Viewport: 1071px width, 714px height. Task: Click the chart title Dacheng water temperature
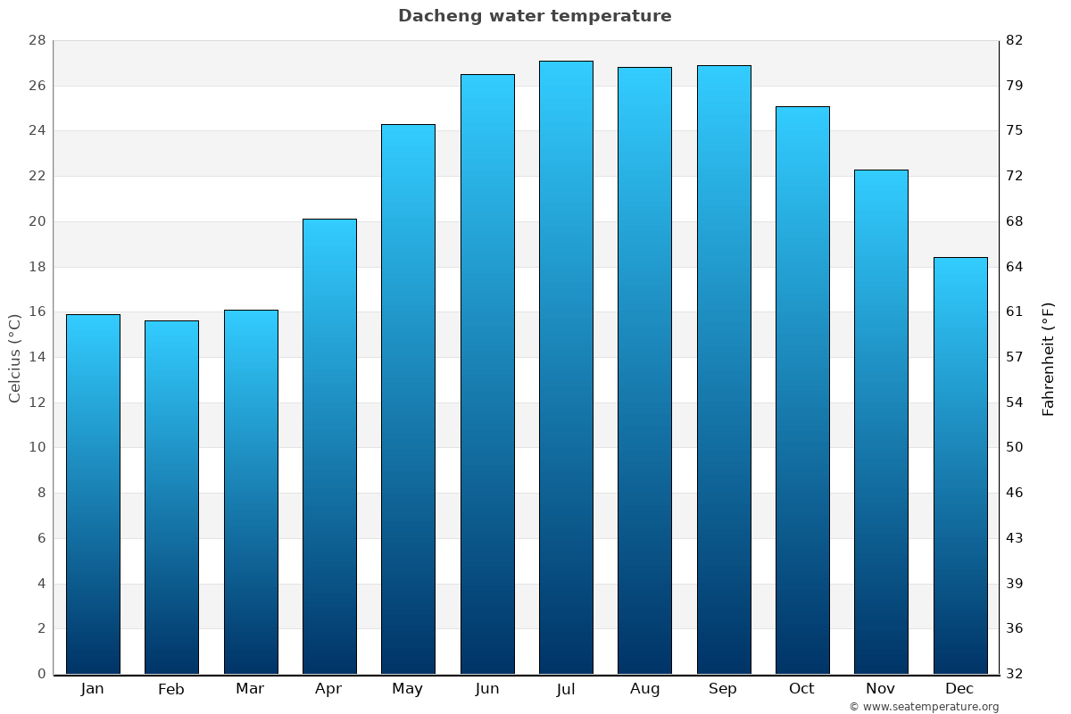click(x=535, y=16)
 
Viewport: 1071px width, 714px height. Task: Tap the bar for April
click(x=329, y=446)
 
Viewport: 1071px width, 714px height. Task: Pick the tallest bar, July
click(x=566, y=367)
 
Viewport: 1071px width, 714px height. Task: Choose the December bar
click(x=960, y=465)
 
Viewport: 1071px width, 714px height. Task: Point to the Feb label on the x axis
click(x=170, y=689)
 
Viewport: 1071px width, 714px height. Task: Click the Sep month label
click(x=723, y=689)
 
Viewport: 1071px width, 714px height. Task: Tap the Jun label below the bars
click(x=487, y=689)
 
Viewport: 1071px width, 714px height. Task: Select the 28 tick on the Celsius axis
click(x=37, y=40)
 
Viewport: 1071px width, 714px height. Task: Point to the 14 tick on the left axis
click(x=37, y=357)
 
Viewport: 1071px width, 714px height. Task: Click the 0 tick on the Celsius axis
click(x=41, y=674)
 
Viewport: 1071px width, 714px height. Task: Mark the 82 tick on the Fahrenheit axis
click(x=1015, y=40)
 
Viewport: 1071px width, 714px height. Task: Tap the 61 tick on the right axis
click(x=1015, y=311)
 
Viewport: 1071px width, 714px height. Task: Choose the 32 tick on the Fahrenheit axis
click(x=1015, y=674)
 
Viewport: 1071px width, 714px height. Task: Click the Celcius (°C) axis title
click(x=14, y=357)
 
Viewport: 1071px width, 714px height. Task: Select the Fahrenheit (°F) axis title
click(x=1049, y=358)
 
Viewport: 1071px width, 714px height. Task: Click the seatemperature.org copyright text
click(x=924, y=707)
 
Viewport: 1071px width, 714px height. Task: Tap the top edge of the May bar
click(x=408, y=125)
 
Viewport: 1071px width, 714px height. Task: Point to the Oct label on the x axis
click(x=801, y=689)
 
